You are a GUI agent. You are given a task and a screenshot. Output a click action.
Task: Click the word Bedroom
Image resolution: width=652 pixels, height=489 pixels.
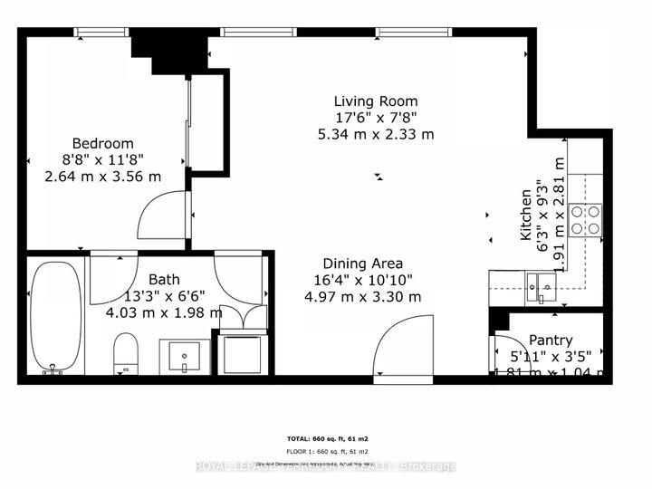(102, 143)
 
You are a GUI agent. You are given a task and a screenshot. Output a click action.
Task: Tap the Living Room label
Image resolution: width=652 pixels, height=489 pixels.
(375, 101)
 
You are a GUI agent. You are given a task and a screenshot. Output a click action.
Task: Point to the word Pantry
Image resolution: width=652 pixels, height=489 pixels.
(551, 340)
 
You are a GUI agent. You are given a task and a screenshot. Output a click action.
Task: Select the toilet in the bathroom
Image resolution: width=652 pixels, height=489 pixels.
(126, 351)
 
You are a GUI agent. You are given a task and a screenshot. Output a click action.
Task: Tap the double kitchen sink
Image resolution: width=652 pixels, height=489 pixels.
(542, 286)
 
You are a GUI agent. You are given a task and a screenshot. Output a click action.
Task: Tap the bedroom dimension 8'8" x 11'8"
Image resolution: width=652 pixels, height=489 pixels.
(102, 159)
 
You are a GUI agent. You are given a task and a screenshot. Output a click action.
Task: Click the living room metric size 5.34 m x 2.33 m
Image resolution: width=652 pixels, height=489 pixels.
(375, 134)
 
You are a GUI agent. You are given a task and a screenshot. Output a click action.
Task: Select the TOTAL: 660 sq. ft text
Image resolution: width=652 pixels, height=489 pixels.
(325, 436)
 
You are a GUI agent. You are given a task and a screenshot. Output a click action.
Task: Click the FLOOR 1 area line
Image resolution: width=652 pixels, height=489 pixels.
(325, 451)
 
